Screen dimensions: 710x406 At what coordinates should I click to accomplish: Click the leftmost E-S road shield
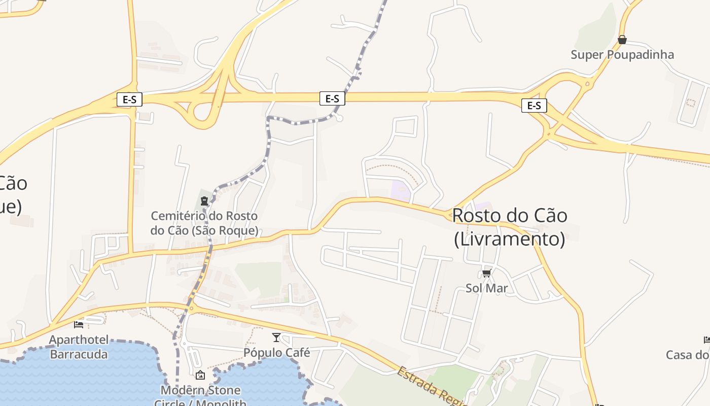coord(129,99)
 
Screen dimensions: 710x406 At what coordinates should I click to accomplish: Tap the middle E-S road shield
coord(332,98)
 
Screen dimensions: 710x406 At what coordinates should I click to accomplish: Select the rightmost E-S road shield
coord(534,106)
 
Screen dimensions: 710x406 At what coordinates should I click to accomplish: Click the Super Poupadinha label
coord(622,55)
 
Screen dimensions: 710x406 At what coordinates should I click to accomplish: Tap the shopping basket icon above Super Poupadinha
coord(622,40)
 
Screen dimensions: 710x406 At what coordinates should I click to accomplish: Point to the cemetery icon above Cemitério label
coord(204,201)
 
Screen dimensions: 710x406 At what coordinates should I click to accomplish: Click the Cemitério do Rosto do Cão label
coord(204,223)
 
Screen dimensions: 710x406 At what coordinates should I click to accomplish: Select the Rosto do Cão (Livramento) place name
coord(509,227)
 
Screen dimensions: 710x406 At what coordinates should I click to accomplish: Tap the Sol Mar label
coord(487,288)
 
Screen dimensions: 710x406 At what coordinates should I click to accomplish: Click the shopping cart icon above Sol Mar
coord(487,274)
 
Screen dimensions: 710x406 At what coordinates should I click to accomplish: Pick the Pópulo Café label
coord(276,352)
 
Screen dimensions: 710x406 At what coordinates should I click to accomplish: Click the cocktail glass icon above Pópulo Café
coord(276,337)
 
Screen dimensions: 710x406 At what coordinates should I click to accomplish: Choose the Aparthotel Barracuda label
coord(79,347)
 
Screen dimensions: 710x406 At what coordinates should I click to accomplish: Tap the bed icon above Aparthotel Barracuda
coord(79,324)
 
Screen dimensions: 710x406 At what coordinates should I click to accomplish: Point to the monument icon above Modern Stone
coord(200,375)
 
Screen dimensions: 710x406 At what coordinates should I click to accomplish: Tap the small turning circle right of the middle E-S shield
coord(340,118)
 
